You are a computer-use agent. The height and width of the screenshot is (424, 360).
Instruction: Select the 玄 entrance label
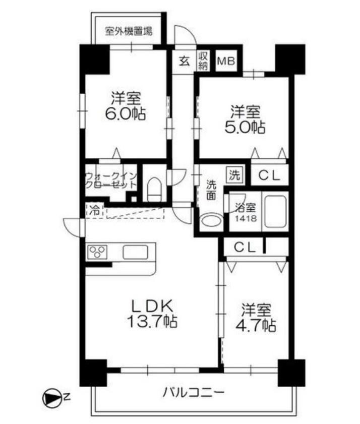184,61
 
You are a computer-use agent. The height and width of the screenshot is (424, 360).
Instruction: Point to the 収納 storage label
203,60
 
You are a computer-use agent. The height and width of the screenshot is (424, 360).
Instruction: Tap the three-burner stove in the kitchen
97,252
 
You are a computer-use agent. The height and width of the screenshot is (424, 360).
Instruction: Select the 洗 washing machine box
234,175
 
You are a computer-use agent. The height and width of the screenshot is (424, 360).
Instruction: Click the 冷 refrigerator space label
94,210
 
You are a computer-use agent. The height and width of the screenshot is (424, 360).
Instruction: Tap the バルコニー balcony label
194,392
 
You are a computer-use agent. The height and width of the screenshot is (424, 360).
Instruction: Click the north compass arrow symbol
50,398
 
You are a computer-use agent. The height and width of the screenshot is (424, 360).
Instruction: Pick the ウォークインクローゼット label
111,180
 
